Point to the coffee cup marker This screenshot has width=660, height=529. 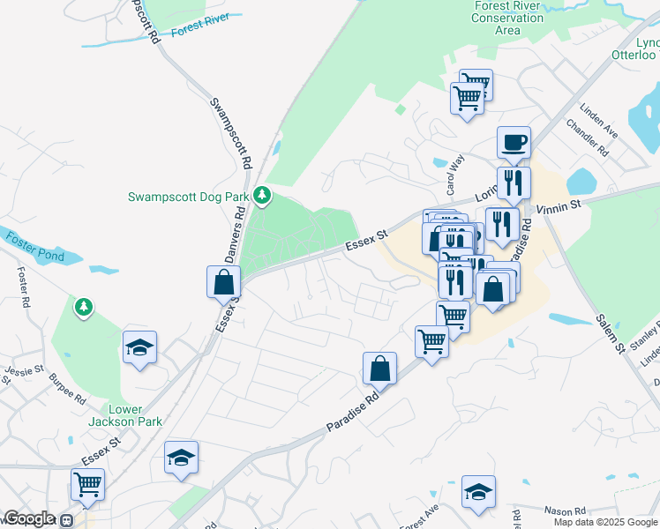pos(513,143)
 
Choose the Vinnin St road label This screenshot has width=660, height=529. pos(559,205)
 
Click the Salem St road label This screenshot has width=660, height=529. pos(608,333)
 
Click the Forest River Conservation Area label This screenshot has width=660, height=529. pos(507,18)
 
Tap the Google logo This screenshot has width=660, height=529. pos(28,518)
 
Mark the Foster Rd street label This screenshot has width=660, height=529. pos(23,286)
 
